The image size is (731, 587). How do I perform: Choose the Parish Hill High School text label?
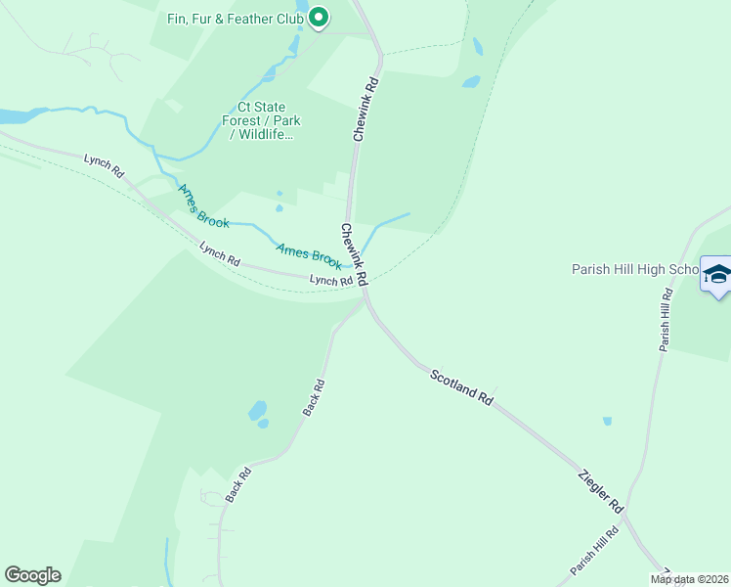click(x=634, y=269)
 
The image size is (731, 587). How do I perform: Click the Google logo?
click(x=32, y=575)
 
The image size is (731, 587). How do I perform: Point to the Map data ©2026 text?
click(x=690, y=579)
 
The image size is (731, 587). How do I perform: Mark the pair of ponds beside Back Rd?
click(x=259, y=413)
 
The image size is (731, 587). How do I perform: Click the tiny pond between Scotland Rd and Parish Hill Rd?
click(x=607, y=422)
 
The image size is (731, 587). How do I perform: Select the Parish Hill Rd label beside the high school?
click(x=666, y=320)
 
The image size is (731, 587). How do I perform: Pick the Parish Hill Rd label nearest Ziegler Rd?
click(x=595, y=555)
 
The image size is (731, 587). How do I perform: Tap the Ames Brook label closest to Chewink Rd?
click(x=309, y=255)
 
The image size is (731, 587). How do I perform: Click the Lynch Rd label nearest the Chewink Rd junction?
click(x=330, y=281)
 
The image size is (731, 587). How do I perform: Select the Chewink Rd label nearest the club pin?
click(x=366, y=110)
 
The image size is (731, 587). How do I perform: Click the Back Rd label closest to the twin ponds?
click(x=313, y=398)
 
